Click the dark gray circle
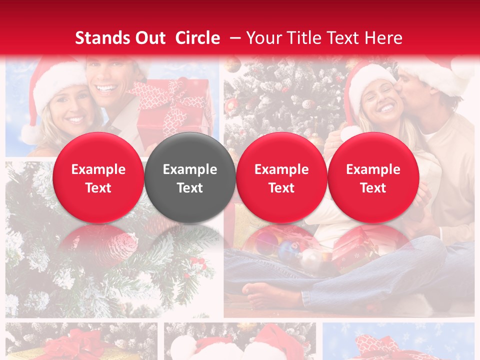pos(190,177)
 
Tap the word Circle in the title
pos(197,38)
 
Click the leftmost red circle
pos(98,177)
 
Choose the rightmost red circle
pos(373,177)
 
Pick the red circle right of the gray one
pos(281,177)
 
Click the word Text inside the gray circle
pos(190,188)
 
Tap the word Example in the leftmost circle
pos(98,169)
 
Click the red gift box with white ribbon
pos(172,107)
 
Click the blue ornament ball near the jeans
pos(288,250)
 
